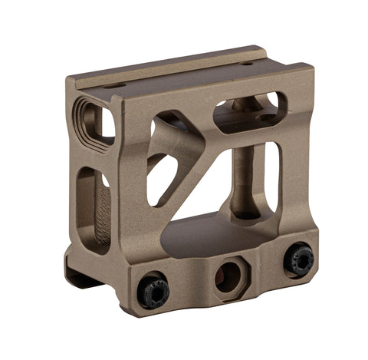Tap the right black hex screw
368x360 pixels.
click(x=298, y=259)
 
